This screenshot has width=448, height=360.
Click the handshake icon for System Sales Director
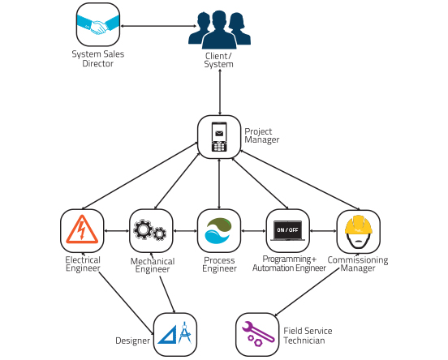pos(98,25)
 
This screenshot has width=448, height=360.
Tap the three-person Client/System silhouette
pos(219,30)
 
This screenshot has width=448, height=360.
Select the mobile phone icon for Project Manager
pos(219,137)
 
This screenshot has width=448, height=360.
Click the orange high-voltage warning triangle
pos(82,229)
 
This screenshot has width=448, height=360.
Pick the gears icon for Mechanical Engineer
pos(149,229)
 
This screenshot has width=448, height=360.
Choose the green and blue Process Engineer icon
pos(218,230)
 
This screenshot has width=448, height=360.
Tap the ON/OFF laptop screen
pos(288,230)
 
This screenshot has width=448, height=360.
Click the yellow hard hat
pos(358,231)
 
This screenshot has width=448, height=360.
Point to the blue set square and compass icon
pos(174,333)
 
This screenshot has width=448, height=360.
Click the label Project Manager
pos(261,135)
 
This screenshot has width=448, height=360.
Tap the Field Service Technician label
pos(308,336)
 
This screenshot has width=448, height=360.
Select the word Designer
pos(132,341)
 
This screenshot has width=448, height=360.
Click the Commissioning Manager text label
pos(358,264)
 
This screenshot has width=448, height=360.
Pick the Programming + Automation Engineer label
pos(289,264)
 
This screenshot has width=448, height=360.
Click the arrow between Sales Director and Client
pos(158,26)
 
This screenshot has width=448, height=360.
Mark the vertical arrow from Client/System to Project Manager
pos(220,92)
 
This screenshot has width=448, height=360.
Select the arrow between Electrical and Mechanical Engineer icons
pos(117,230)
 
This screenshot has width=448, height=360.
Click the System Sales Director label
pos(98,59)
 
